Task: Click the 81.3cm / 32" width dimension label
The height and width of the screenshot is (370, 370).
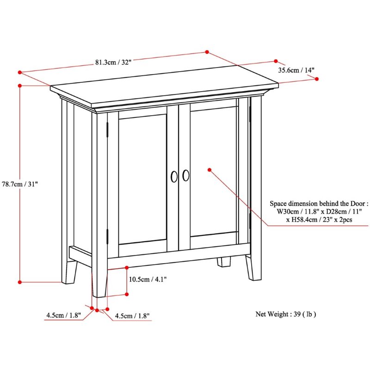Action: [x=113, y=62]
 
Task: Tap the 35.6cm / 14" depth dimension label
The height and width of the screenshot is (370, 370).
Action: [x=296, y=70]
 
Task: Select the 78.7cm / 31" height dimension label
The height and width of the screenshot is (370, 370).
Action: [x=20, y=184]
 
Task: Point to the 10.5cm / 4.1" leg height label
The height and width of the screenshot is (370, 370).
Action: [x=148, y=279]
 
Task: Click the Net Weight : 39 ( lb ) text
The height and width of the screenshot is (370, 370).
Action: [x=285, y=314]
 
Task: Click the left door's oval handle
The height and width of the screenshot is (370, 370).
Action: [x=174, y=177]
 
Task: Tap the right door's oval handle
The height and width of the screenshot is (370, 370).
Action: [x=186, y=176]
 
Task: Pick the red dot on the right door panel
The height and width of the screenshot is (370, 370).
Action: [x=210, y=170]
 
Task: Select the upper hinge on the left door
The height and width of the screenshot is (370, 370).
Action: [x=107, y=129]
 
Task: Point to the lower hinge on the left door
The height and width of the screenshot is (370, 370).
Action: [x=107, y=236]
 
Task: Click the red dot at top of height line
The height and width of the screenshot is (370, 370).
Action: [x=20, y=86]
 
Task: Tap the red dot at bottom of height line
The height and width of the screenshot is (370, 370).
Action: [x=20, y=282]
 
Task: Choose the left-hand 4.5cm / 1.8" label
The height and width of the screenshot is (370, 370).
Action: [x=63, y=315]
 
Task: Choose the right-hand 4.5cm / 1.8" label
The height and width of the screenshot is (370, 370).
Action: [x=132, y=316]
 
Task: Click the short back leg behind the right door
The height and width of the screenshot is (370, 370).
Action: [x=224, y=262]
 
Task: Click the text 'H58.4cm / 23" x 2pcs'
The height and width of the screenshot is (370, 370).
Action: [x=319, y=220]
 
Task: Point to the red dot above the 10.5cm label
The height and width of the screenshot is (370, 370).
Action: [x=127, y=268]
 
